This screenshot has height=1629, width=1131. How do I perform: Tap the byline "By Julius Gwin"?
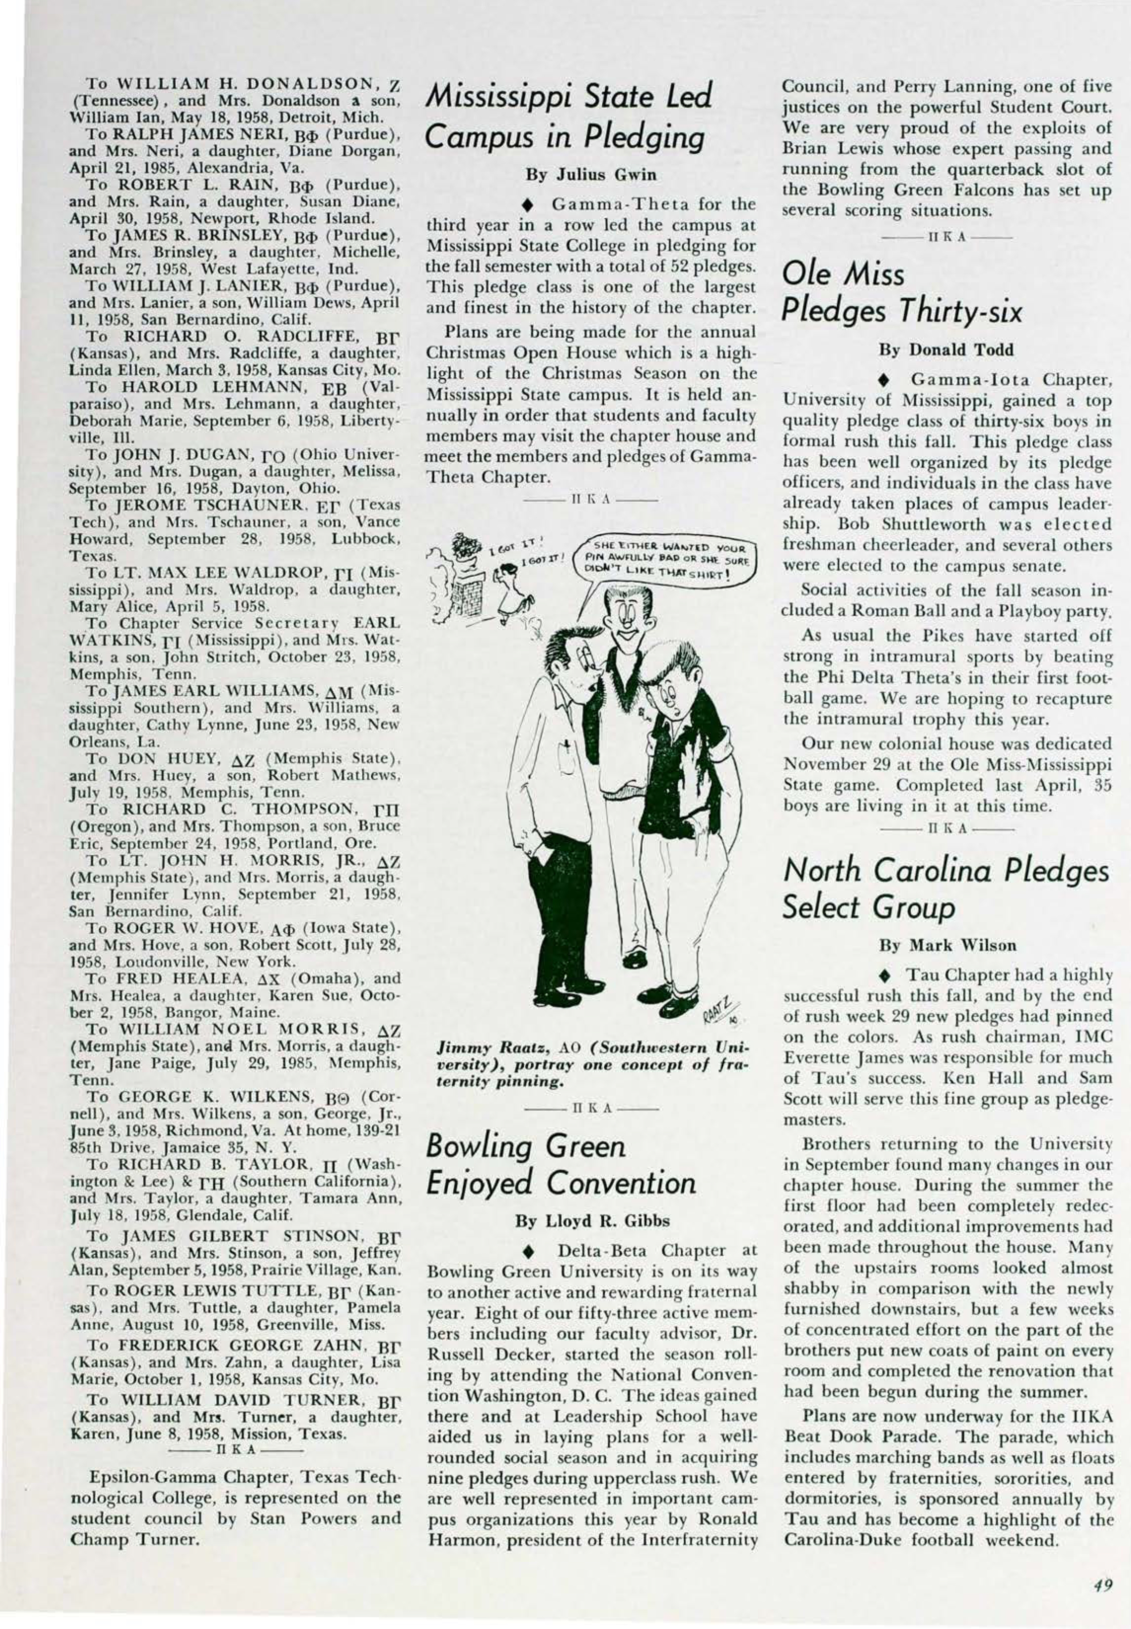591,174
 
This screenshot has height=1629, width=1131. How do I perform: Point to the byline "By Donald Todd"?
945,350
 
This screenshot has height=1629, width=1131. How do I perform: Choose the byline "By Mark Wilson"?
947,946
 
